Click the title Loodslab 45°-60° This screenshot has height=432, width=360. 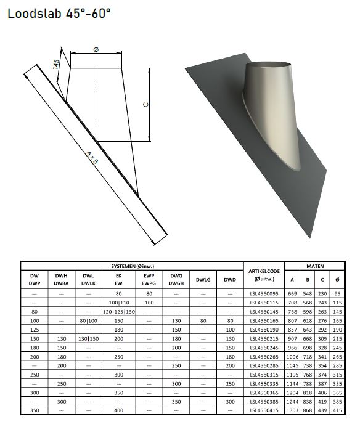click(x=59, y=13)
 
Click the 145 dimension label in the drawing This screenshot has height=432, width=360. click(x=56, y=65)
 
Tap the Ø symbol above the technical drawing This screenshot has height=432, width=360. click(x=96, y=49)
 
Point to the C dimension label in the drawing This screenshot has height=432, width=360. click(x=146, y=104)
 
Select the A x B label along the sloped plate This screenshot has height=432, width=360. click(x=92, y=158)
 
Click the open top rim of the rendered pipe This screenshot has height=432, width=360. click(x=268, y=66)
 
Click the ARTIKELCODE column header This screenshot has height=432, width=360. click(x=264, y=275)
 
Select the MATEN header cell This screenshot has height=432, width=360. click(x=315, y=266)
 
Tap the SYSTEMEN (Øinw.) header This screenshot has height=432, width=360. click(x=133, y=266)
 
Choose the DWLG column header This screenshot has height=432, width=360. click(x=203, y=280)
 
